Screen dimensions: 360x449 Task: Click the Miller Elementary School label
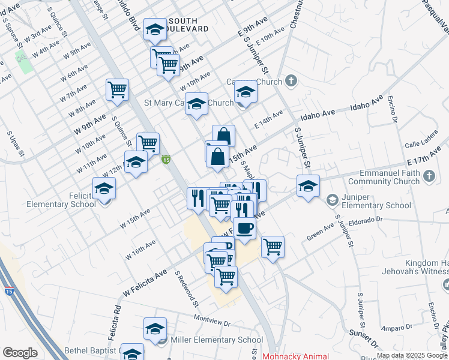(217, 340)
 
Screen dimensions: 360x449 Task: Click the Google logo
(20, 353)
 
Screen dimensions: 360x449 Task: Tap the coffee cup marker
(245, 228)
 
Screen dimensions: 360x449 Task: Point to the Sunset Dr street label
(363, 342)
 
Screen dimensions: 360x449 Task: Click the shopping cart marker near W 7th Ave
(117, 89)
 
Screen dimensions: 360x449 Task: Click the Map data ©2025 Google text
(411, 355)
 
